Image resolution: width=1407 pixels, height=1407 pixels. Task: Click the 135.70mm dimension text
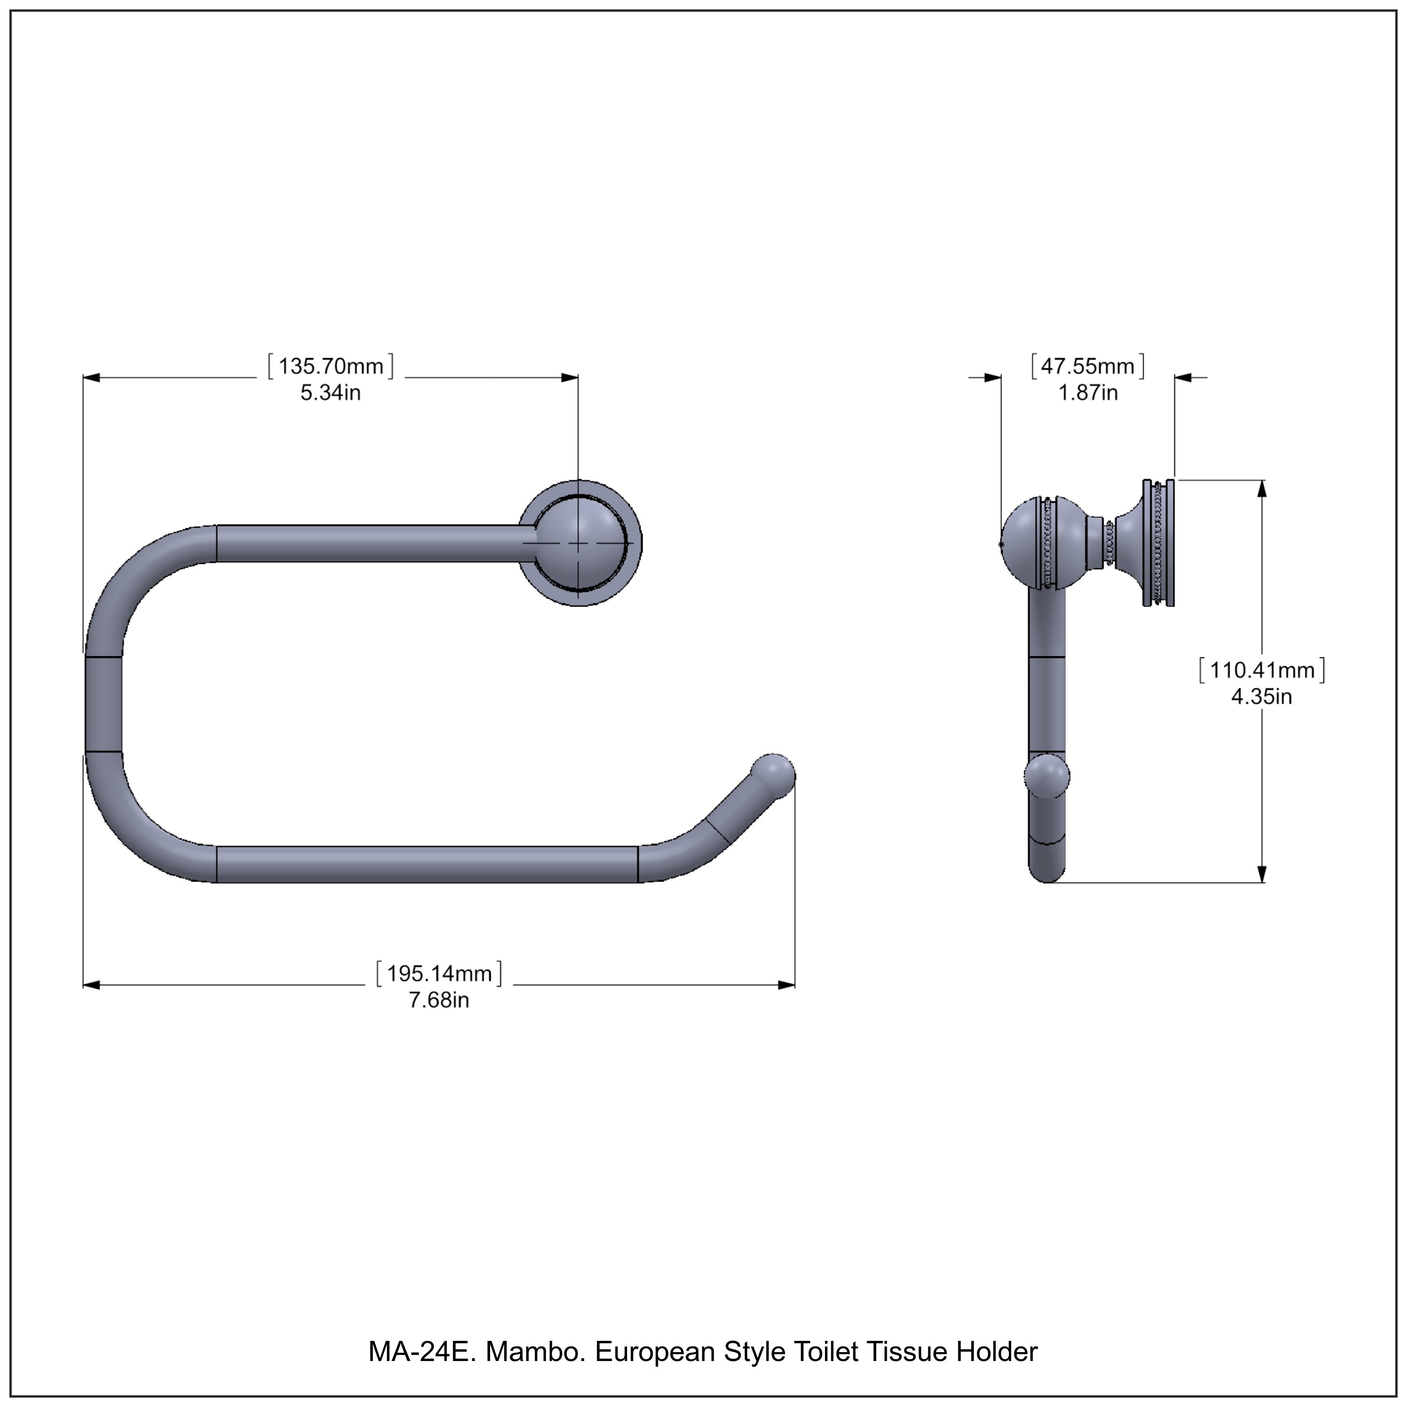(331, 366)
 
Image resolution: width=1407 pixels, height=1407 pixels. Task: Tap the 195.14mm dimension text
(439, 974)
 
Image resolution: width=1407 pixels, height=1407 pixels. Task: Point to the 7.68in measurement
(439, 1001)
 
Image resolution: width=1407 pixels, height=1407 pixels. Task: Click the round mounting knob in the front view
(580, 543)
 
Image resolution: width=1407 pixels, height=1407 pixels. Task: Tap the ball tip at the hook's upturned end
(773, 776)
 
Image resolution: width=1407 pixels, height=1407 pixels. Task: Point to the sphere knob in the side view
(1029, 543)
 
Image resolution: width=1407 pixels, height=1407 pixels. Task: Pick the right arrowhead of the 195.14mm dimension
(787, 985)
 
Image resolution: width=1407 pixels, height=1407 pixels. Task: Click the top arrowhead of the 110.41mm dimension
(1262, 488)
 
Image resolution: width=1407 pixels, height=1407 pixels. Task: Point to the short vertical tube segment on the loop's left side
(103, 703)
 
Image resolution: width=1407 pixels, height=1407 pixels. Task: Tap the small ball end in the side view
(1047, 776)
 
